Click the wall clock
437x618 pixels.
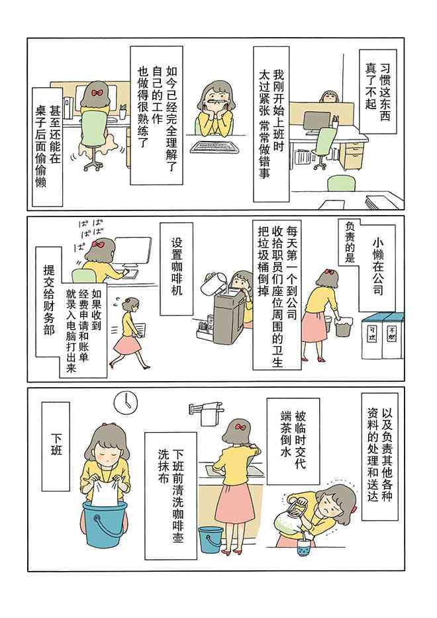point(125,402)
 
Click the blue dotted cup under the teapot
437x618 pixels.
point(304,547)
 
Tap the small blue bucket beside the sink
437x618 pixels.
point(210,539)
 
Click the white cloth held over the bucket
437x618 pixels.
point(105,491)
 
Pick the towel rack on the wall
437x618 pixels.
point(207,408)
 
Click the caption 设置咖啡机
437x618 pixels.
point(177,268)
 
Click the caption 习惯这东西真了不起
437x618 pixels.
point(377,91)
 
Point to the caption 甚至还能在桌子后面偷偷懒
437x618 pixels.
point(47,146)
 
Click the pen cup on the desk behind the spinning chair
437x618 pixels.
point(123,112)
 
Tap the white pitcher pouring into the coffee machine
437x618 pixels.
point(212,282)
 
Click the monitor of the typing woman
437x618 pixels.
point(133,251)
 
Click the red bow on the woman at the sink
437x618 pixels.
point(240,427)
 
